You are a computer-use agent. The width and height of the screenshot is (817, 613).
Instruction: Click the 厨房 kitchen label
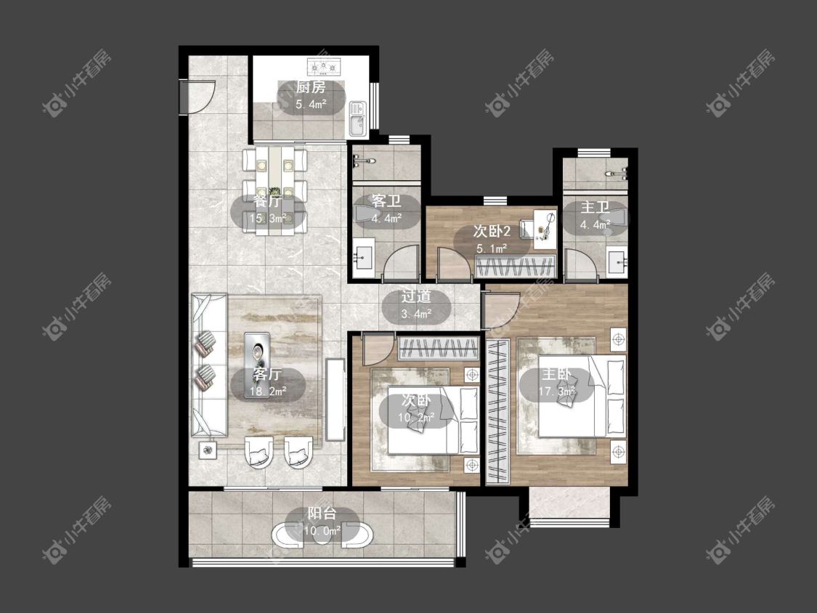tap(311, 87)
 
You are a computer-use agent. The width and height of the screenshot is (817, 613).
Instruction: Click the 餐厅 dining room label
tap(267, 200)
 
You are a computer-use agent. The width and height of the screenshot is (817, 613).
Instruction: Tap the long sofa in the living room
tap(209, 365)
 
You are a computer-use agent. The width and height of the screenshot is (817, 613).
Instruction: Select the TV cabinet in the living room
tap(335, 399)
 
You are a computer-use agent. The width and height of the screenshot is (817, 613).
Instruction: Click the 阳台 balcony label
tap(322, 513)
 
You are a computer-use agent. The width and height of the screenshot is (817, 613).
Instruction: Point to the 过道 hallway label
tap(416, 296)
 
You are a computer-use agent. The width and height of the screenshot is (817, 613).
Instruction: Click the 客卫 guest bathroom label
tap(386, 201)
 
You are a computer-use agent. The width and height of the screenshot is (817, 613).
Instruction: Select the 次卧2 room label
tap(492, 230)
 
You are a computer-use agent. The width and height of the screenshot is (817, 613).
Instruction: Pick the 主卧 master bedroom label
tap(556, 374)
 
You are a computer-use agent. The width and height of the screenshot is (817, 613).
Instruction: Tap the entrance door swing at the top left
tap(200, 97)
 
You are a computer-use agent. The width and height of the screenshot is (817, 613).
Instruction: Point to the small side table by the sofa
tap(208, 450)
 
